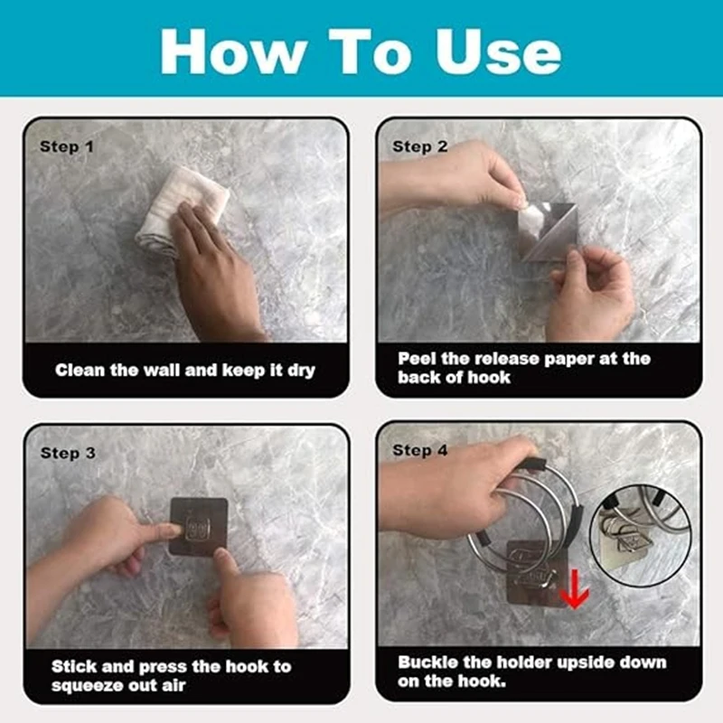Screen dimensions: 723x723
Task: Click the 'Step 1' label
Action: pyautogui.click(x=67, y=146)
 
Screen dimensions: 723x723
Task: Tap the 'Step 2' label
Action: pyautogui.click(x=420, y=146)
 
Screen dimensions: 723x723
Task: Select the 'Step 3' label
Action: pyautogui.click(x=69, y=453)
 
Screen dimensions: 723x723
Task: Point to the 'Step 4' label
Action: pyautogui.click(x=420, y=450)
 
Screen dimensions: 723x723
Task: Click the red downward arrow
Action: pyautogui.click(x=574, y=589)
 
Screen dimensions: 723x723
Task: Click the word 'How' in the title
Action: pyautogui.click(x=233, y=52)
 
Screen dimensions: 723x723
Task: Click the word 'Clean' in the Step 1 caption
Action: pyautogui.click(x=80, y=370)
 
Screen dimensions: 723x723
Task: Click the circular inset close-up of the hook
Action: pyautogui.click(x=641, y=536)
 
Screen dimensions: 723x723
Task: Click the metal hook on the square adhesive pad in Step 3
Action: pyautogui.click(x=198, y=529)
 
